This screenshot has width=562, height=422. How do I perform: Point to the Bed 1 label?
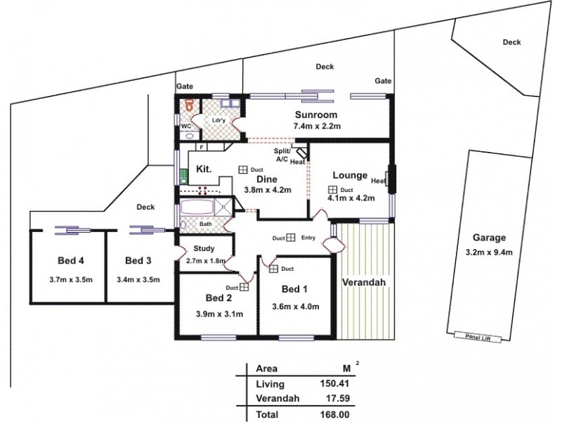294,290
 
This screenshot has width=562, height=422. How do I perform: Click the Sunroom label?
316,115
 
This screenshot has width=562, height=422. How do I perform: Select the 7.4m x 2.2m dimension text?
316,127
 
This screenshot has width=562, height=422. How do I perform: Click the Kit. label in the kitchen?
204,169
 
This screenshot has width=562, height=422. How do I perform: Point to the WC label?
186,127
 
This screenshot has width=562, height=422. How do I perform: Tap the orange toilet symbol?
188,108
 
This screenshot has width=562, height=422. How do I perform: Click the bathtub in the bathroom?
199,208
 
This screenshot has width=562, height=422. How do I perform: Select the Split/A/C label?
282,155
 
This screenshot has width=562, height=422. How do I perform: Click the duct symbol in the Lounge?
331,190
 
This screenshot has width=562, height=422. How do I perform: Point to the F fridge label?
202,147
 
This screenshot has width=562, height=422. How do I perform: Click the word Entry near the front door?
308,238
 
